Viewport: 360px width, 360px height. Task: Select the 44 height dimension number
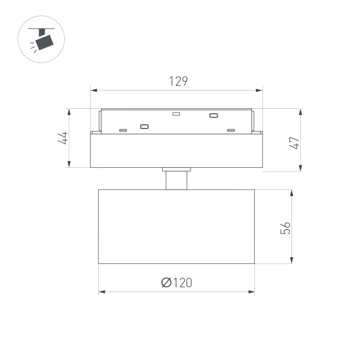click(x=62, y=138)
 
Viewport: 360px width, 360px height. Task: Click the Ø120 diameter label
click(x=176, y=283)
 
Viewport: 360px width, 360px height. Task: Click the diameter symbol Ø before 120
click(x=166, y=283)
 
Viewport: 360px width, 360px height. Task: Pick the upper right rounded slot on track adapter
click(x=214, y=116)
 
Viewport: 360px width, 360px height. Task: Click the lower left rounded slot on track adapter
click(x=144, y=126)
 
